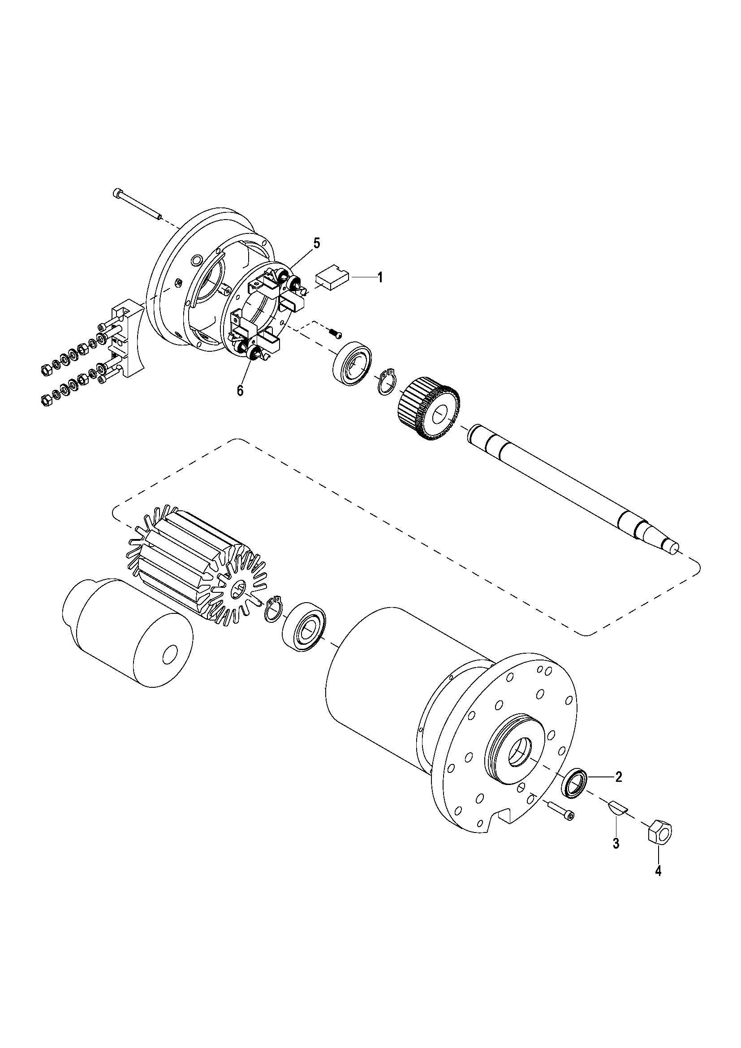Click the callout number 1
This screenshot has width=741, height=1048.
379,277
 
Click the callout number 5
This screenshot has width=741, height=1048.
316,243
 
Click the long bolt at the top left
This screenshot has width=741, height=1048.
137,203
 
